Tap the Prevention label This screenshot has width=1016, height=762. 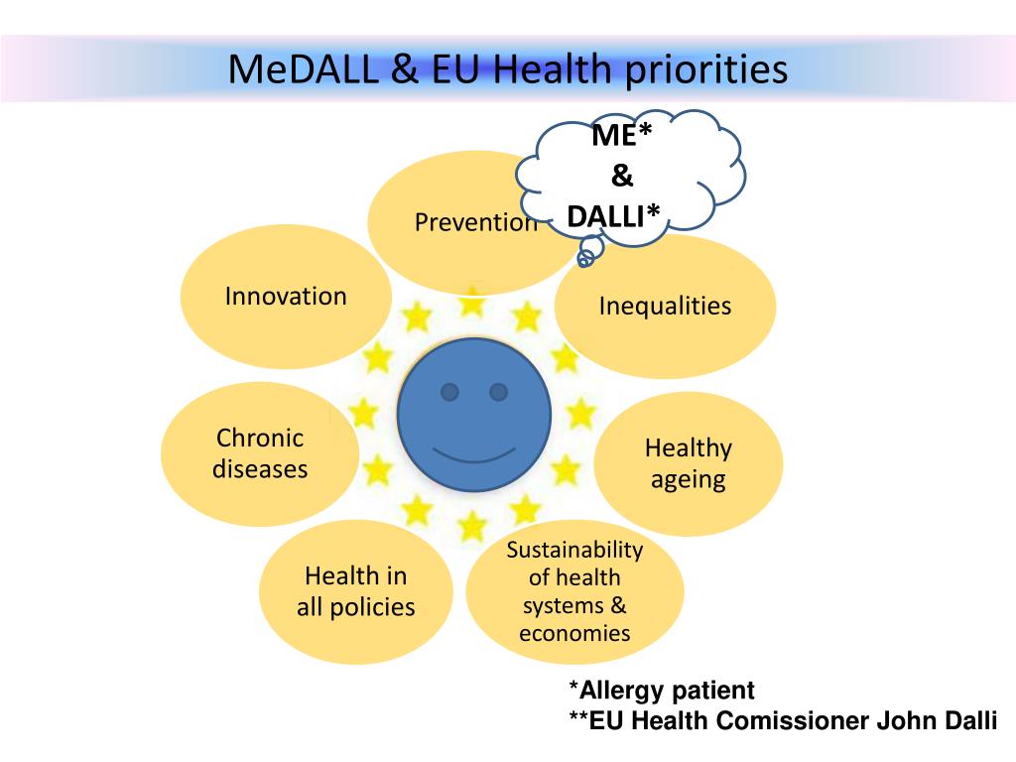tap(475, 222)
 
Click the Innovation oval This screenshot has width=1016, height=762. tap(286, 296)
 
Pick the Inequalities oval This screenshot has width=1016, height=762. tap(665, 306)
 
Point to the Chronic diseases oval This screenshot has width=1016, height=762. tap(260, 453)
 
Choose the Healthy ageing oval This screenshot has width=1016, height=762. tap(688, 463)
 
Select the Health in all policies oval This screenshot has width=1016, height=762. tap(355, 591)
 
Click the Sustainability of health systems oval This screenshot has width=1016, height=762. tap(574, 591)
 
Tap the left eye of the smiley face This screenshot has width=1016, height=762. tap(449, 392)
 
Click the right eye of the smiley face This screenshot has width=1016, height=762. tap(498, 392)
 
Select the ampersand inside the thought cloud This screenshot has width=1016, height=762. tap(621, 176)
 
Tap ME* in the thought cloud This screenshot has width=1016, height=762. tap(621, 136)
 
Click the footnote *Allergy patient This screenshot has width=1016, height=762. tap(661, 691)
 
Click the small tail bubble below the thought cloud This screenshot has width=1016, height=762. tap(585, 258)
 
